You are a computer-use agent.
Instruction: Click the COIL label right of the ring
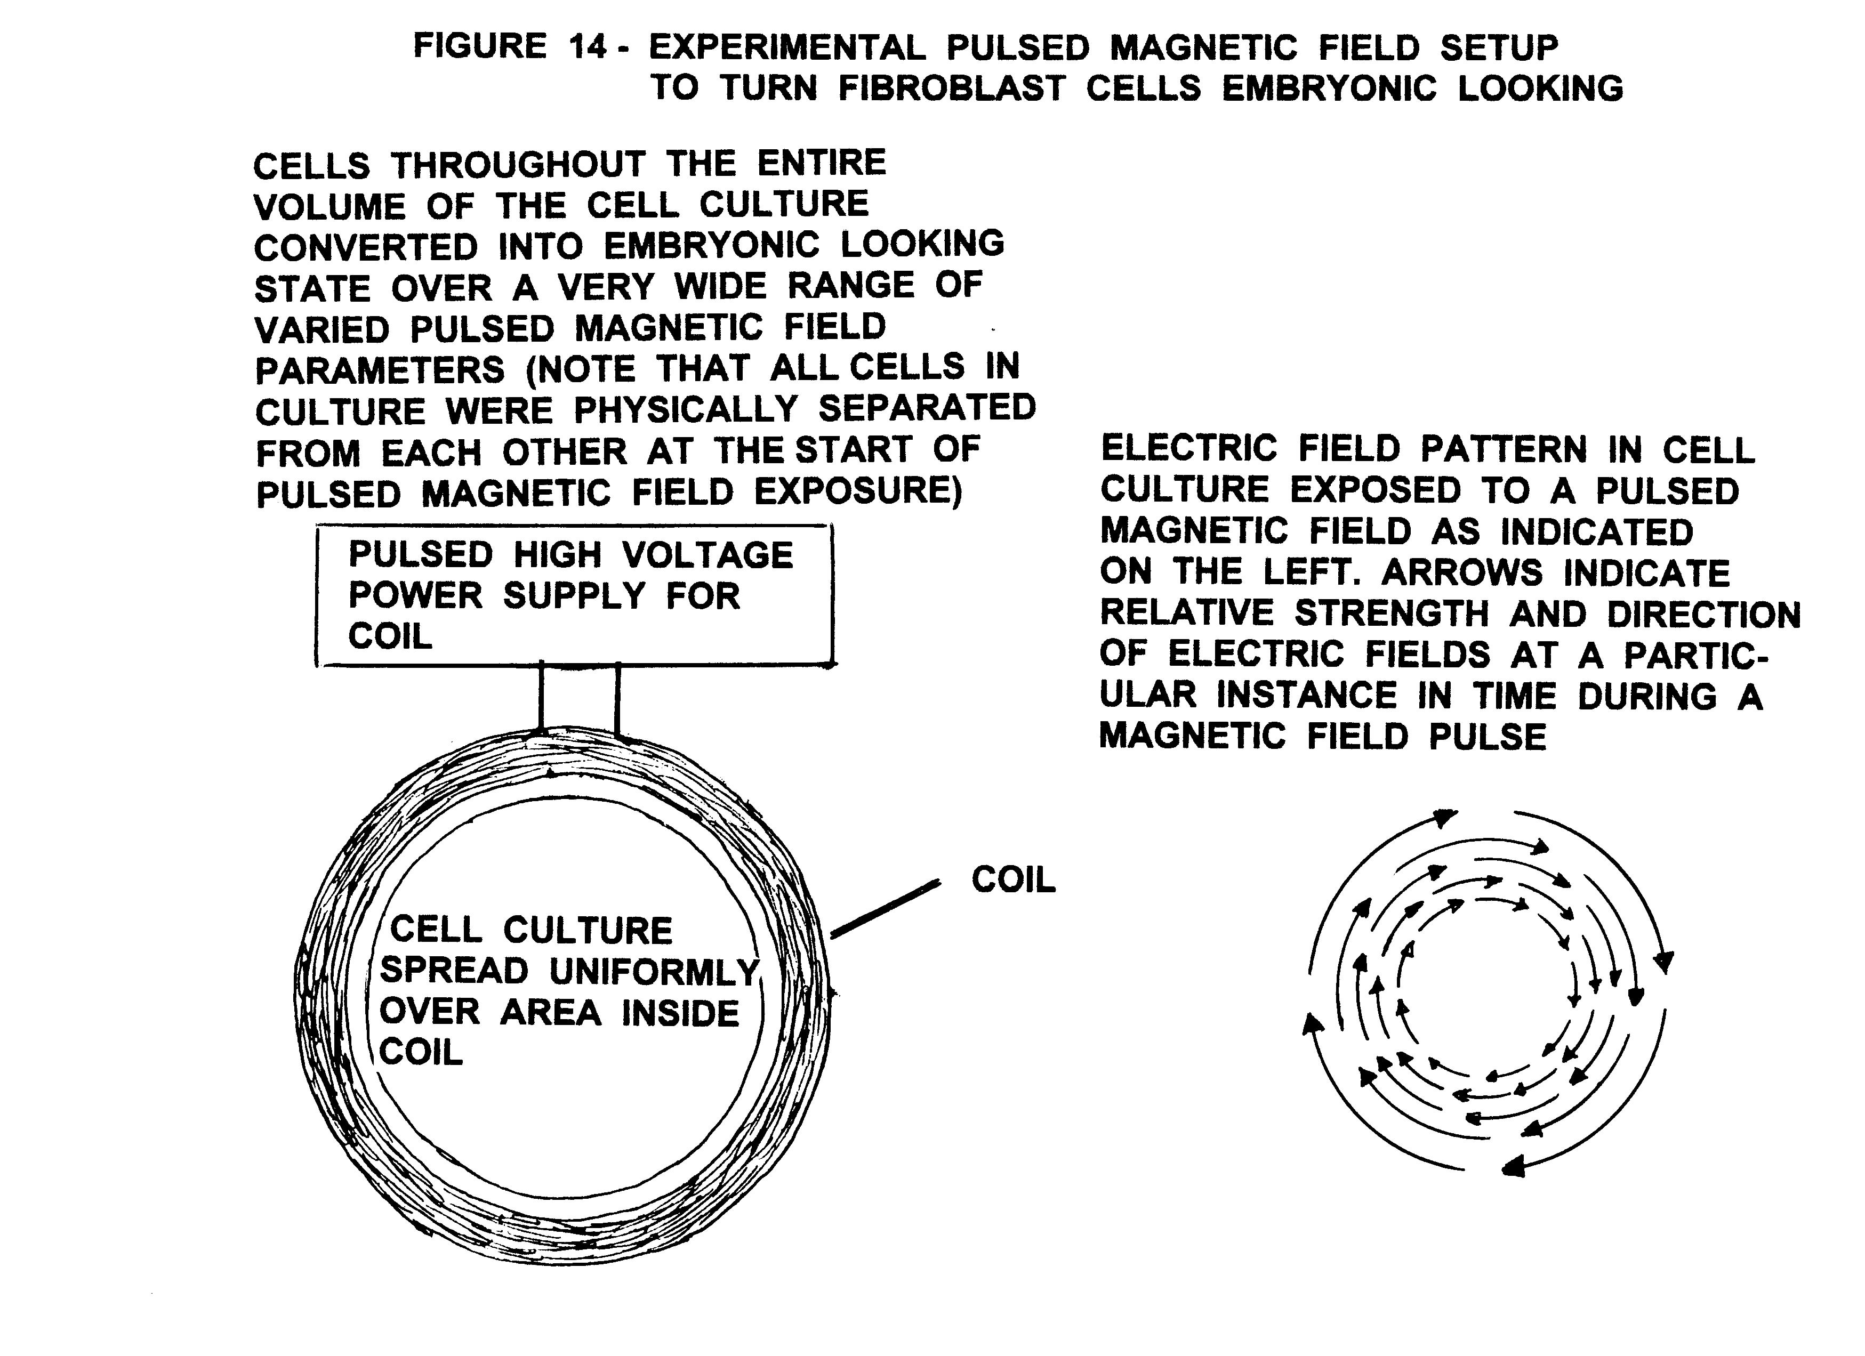pos(1013,881)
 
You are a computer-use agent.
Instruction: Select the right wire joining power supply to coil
pos(617,697)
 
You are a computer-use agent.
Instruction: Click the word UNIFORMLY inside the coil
pos(654,972)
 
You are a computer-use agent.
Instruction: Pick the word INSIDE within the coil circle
pos(680,1013)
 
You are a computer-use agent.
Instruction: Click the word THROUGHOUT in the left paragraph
pos(518,165)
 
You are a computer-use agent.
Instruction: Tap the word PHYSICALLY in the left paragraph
pos(686,409)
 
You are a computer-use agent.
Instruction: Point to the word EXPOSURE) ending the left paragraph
pos(858,492)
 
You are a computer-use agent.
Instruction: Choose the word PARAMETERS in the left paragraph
pos(380,370)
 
